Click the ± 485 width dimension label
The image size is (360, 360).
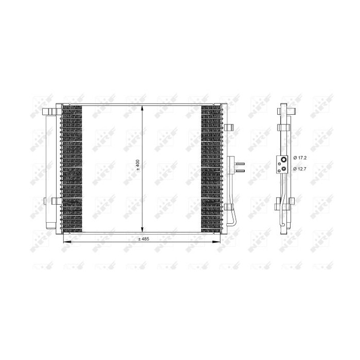tap(143, 239)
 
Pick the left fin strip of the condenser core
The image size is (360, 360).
tap(71, 167)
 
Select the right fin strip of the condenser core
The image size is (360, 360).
tap(211, 167)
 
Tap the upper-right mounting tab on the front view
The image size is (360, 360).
tap(229, 127)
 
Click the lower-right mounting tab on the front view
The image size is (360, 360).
tap(229, 208)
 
